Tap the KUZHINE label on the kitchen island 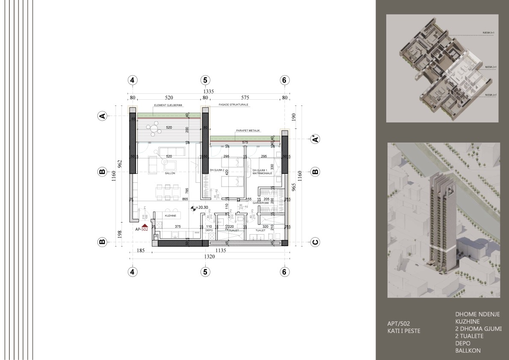(171, 216)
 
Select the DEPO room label (209, 230)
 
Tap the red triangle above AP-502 (145, 225)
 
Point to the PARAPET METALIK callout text (248, 131)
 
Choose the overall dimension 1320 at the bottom (208, 257)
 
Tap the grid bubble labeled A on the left (102, 116)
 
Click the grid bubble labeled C (315, 242)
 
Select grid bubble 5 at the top (205, 80)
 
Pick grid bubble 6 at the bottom (284, 271)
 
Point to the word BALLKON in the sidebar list (468, 351)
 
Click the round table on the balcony (153, 127)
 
